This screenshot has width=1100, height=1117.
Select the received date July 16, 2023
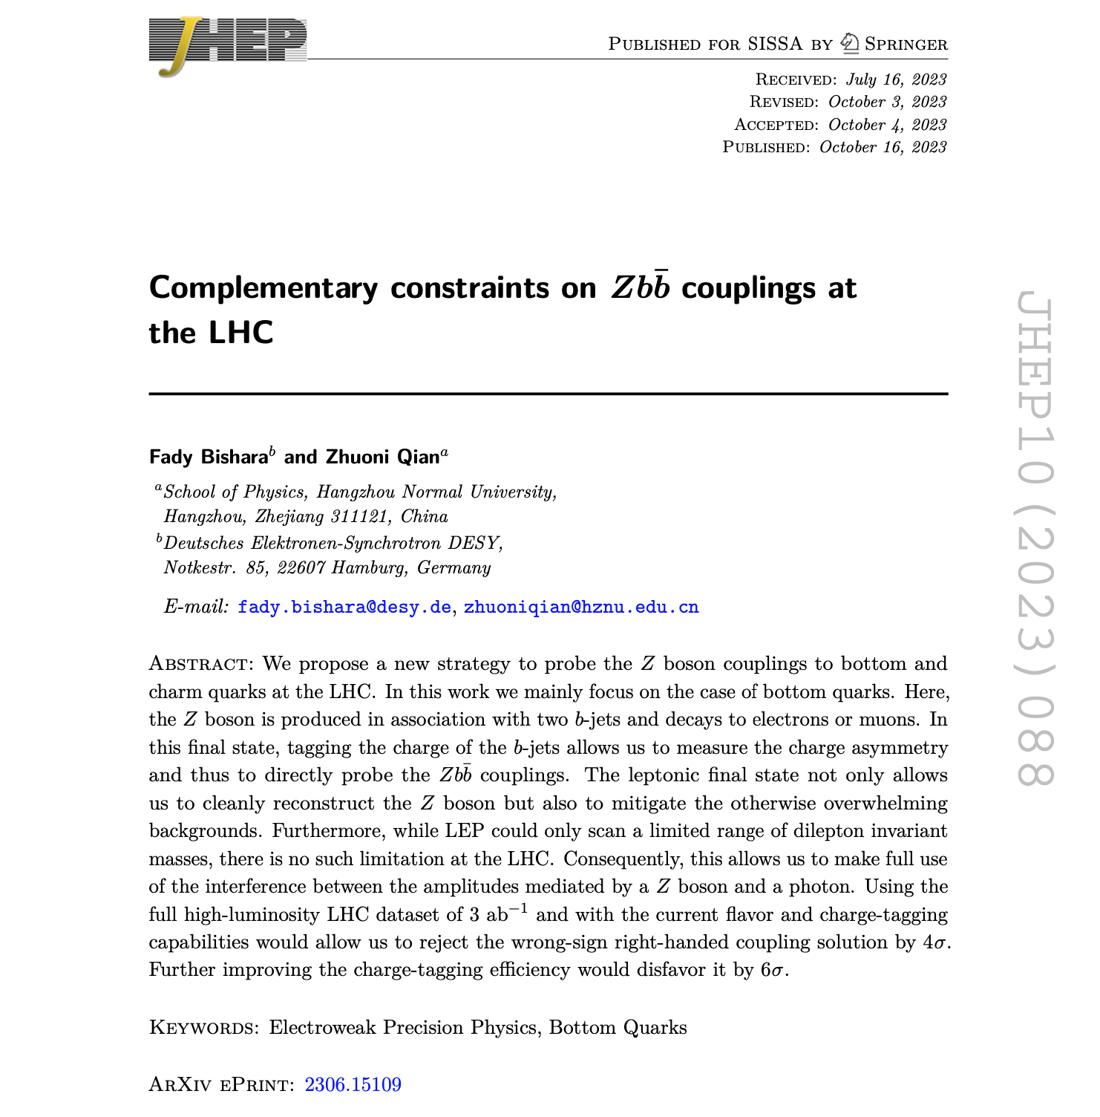896,79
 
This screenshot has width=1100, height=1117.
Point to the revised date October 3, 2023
887,102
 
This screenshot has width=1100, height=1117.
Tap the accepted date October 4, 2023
887,125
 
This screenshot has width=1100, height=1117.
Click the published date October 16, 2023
883,147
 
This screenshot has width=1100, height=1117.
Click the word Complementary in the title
263,288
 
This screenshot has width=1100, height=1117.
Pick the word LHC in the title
241,333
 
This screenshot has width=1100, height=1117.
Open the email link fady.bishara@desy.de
344,608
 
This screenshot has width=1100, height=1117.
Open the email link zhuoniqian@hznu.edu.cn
581,608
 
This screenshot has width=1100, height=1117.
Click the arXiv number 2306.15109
353,1085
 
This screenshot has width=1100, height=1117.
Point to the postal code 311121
359,517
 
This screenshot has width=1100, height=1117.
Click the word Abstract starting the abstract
197,663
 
